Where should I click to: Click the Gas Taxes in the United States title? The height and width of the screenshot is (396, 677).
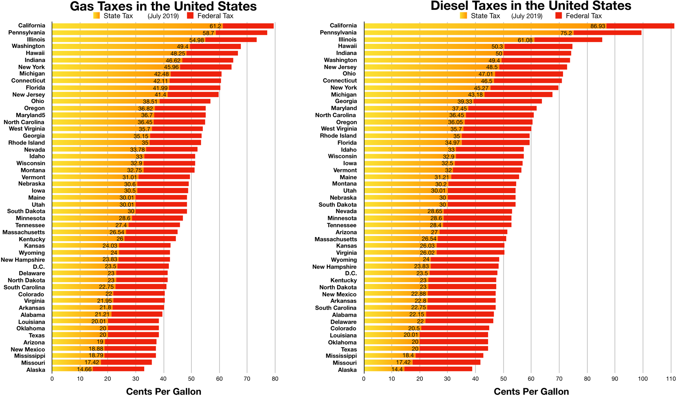pos(163,6)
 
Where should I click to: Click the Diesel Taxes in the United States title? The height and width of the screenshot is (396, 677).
pos(531,6)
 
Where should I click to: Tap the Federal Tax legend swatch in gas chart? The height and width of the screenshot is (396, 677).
pos(190,16)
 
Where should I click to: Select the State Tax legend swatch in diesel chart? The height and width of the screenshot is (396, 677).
pos(463,16)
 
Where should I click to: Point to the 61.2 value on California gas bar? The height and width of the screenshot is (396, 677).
pos(215,26)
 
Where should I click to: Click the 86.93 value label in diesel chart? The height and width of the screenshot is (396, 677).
pos(598,26)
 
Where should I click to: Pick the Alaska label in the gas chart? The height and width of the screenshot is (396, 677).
pos(36,370)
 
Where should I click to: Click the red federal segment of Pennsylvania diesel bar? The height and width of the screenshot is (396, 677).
pos(607,33)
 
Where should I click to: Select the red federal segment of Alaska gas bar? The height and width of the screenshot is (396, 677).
pos(118,369)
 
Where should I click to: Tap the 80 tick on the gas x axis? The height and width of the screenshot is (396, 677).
pos(275,379)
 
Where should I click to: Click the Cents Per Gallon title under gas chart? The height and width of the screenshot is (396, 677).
pos(164,392)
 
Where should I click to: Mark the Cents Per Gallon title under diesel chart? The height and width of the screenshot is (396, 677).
pos(531,392)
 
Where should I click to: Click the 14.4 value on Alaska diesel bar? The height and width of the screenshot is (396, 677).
pos(397,370)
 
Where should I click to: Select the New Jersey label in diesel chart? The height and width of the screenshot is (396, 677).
pos(340,67)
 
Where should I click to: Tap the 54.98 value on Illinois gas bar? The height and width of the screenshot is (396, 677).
pos(196,40)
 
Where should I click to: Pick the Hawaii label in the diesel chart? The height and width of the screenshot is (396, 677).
pos(347,46)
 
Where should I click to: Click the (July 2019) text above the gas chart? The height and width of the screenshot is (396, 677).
pos(163,16)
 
